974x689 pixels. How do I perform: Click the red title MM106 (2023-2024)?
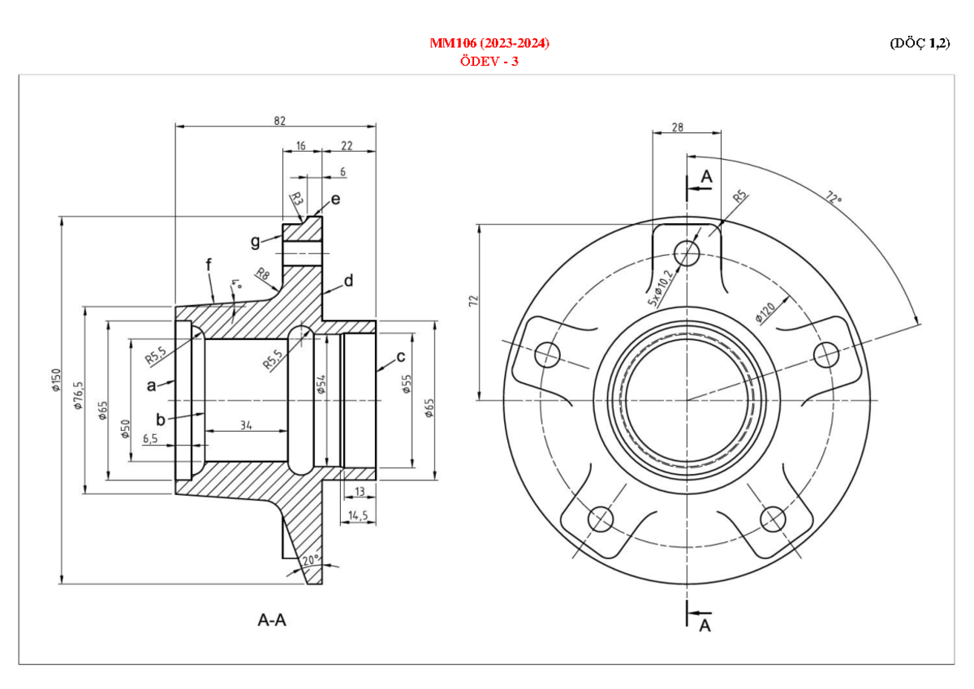coord(489,43)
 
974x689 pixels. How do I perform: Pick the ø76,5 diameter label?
coord(79,396)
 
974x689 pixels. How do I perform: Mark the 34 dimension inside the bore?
coord(245,425)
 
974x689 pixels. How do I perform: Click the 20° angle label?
coord(310,560)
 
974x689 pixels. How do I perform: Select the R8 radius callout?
coord(263,274)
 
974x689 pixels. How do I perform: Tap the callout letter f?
coord(209,264)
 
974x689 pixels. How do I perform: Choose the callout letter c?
coord(400,357)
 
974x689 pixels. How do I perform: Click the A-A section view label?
coord(272,621)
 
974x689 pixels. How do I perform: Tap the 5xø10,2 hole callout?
coord(660,287)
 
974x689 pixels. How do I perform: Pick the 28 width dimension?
coord(678,127)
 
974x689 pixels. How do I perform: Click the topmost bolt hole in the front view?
coord(688,252)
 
